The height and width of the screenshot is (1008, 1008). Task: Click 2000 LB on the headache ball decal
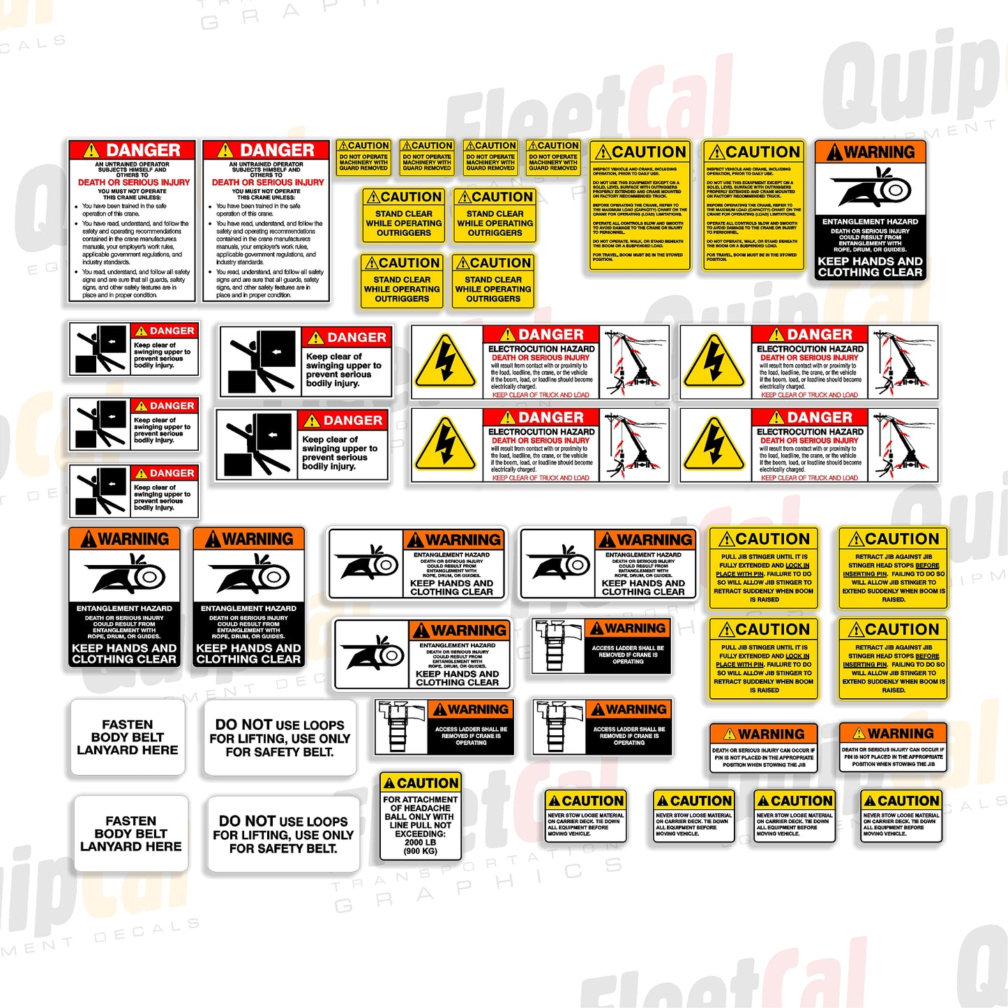(x=420, y=842)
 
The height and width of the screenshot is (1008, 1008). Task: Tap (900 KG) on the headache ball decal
(x=420, y=851)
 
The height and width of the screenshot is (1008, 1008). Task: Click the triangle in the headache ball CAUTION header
(x=389, y=783)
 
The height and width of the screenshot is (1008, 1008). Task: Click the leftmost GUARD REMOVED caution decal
(x=363, y=157)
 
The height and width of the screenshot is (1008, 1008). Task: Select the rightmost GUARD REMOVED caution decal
(x=553, y=157)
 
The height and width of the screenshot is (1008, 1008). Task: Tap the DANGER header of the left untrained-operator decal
(x=132, y=150)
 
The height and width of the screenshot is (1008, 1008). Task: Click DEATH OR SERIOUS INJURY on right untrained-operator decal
(x=268, y=182)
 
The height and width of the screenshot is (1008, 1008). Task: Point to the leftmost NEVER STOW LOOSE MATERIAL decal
(x=585, y=816)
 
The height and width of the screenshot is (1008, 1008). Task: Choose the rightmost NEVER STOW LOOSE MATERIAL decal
(x=901, y=816)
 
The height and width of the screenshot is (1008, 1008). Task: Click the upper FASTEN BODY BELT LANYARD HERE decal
(x=128, y=737)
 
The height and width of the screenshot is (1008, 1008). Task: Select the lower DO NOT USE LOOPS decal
(x=283, y=834)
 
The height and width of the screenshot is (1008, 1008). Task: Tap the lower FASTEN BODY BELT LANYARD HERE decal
(x=131, y=834)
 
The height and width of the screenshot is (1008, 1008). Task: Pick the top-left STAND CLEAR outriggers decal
(x=404, y=216)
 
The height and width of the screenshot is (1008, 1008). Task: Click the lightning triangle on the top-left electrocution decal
(x=446, y=362)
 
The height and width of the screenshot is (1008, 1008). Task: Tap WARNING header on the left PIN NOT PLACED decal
(x=763, y=734)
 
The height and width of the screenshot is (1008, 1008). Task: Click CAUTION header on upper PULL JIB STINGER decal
(x=764, y=539)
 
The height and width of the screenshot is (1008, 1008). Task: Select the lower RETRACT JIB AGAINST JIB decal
(x=893, y=659)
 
